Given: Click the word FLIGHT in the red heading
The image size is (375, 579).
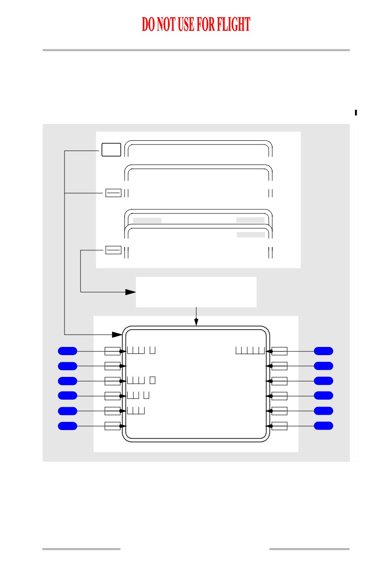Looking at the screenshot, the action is click(233, 25).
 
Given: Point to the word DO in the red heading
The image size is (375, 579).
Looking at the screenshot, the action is click(148, 25).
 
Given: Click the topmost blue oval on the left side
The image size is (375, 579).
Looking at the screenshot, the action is click(67, 351).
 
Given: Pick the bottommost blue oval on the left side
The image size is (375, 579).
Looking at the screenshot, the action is click(67, 426).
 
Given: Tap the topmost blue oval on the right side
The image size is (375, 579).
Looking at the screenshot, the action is click(323, 351).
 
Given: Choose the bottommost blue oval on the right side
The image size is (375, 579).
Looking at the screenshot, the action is click(323, 426).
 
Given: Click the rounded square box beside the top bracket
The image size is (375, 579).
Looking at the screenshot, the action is click(111, 149).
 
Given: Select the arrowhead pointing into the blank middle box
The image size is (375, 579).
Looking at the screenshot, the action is click(130, 292).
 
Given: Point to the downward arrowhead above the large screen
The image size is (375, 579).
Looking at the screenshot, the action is click(196, 322).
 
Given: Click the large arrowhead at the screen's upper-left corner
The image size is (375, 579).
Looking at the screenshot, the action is click(117, 335).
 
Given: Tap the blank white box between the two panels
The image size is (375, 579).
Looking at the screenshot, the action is click(196, 292).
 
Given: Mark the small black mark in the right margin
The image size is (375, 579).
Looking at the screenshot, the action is click(355, 112).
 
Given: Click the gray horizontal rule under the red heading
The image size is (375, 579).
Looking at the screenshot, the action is click(196, 50).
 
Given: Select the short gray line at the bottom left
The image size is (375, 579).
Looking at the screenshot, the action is click(81, 549).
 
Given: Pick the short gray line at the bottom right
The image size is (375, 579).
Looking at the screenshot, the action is click(309, 549).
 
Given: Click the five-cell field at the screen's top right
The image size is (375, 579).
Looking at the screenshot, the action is click(250, 350).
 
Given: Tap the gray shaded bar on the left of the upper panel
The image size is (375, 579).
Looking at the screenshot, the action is click(147, 220).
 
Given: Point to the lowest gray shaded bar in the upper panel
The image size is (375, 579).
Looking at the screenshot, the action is click(251, 234).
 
